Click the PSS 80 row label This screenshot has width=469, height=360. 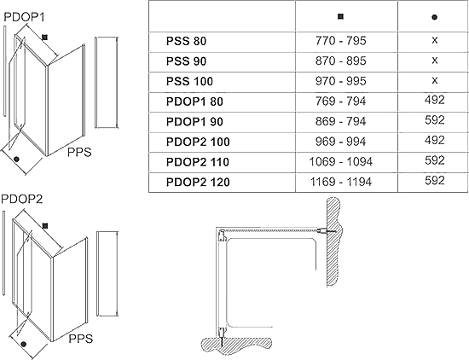pos(186,41)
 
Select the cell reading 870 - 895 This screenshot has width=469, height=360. pos(341,61)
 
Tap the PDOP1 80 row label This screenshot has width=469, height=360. pos(194,102)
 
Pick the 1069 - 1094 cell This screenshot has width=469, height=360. pos(341,162)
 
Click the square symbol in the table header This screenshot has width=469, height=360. pos(340,16)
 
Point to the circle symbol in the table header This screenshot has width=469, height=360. pos(434,17)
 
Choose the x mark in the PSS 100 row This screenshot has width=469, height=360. pos(435,80)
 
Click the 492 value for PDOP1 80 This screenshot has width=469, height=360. pos(435,100)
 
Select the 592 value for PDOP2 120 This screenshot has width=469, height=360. pos(435,181)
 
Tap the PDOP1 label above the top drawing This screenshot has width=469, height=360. pos(24,17)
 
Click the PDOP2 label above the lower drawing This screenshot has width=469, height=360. pos(22,199)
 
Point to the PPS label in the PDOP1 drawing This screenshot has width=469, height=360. pos(79,153)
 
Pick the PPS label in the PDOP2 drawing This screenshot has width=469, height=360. pos(81,339)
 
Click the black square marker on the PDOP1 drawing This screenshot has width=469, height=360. pos(45,38)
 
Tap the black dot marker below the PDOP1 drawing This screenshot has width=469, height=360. pos(16,160)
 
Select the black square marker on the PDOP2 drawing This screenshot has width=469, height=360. pos(45,226)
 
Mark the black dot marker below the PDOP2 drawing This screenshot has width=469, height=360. pos(24,344)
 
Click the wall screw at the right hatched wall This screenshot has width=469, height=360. pos(327,230)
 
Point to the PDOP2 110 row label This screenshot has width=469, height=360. pos(198,162)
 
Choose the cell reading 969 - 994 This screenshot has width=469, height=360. pos(341,142)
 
